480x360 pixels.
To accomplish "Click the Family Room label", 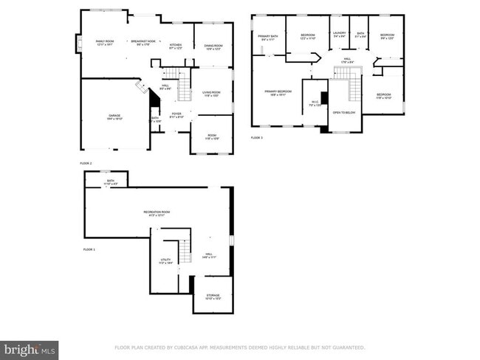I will click(x=105, y=42).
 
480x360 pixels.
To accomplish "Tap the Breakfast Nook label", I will click(x=144, y=42).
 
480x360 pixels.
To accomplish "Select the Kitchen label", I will click(x=175, y=46).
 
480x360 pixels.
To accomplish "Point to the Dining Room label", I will click(x=213, y=47).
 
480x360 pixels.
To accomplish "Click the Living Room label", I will click(x=212, y=94).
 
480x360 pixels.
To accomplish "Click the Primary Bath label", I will click(x=268, y=37).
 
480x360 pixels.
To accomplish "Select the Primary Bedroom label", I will click(x=279, y=92).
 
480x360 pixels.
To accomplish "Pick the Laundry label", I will click(x=340, y=34).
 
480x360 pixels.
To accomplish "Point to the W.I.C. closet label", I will click(x=315, y=103).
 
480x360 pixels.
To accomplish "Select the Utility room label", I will click(x=166, y=261).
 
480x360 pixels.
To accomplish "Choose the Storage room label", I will click(x=213, y=297).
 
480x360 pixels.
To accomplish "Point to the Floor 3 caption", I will click(x=257, y=138).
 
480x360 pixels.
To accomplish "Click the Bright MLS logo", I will click(x=30, y=347).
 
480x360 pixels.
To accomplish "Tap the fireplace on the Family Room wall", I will click(x=78, y=44).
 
